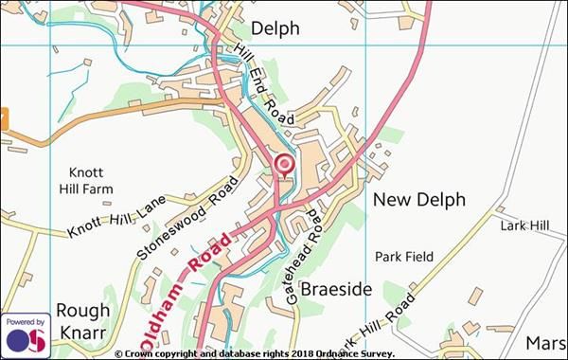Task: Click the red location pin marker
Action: tap(284, 166)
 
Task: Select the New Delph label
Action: tap(419, 200)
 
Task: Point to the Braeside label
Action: tap(336, 288)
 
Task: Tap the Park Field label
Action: tap(403, 257)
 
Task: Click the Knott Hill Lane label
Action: tap(116, 217)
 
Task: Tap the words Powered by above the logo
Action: tap(25, 322)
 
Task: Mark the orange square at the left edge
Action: tap(3, 119)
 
